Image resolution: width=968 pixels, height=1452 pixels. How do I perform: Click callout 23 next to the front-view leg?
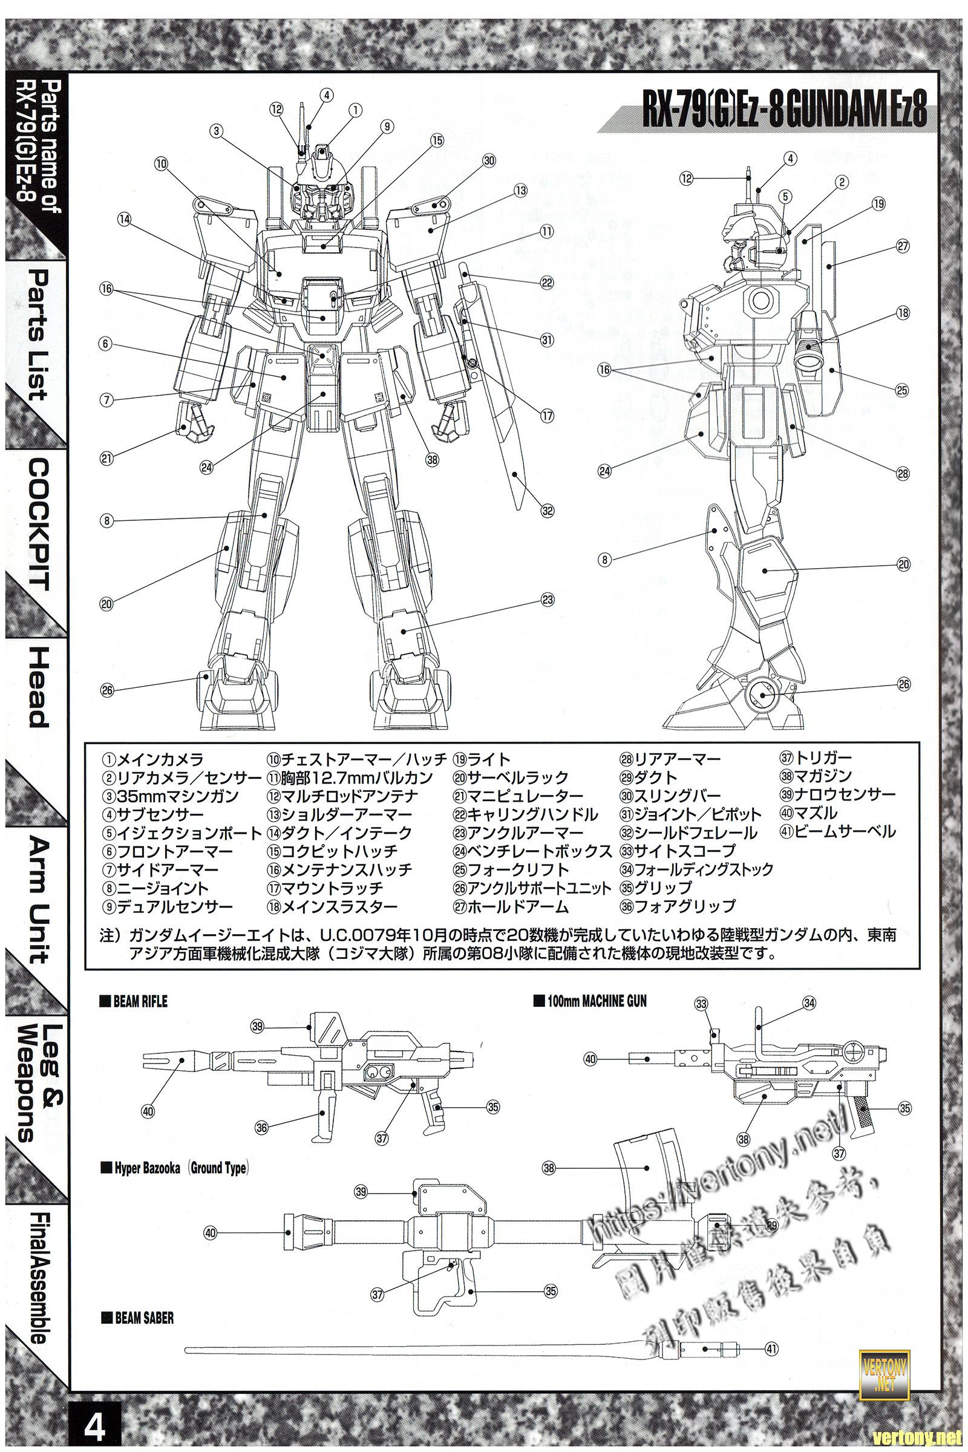click(x=547, y=600)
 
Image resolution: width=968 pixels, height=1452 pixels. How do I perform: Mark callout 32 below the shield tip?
click(x=547, y=511)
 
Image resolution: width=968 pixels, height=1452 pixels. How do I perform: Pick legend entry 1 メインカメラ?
click(x=152, y=759)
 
